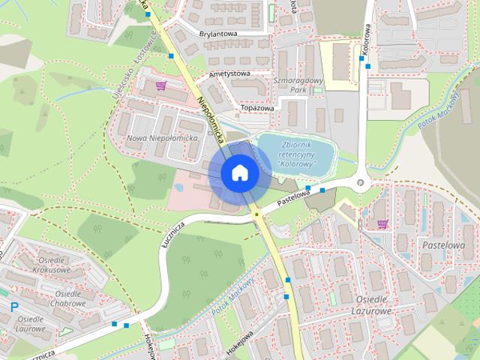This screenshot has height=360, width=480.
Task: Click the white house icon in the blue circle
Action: point(239,172)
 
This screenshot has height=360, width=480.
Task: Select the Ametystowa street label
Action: point(228,73)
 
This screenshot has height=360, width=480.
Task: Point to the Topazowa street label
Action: point(257,108)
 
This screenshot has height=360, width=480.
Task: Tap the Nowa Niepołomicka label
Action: point(162,139)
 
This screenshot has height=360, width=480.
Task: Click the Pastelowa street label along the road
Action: point(293,198)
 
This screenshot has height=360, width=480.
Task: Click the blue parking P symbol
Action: point(14,306)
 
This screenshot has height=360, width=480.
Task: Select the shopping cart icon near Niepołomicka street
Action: point(160,85)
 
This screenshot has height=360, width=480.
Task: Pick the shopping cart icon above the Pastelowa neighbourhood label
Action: point(382,223)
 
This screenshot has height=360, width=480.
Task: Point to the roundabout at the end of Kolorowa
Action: point(361,181)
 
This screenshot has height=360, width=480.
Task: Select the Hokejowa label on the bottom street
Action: point(238,339)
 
